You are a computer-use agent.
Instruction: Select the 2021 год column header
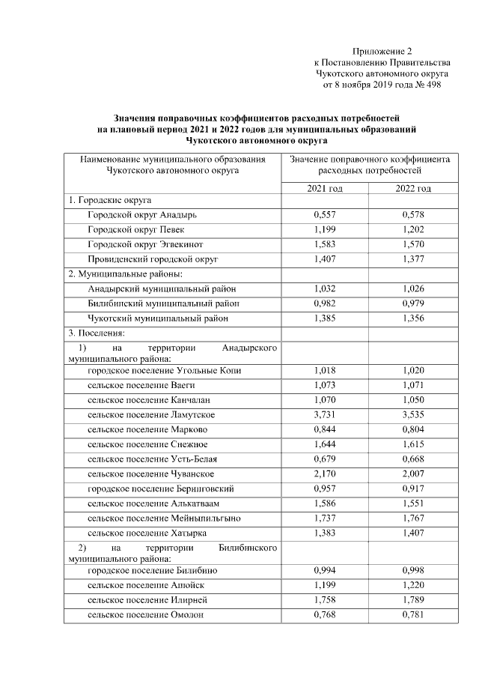[325, 187]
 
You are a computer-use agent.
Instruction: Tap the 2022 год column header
[413, 187]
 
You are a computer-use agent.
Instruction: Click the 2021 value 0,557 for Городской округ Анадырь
[325, 214]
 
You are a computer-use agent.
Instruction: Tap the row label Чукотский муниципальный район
[157, 318]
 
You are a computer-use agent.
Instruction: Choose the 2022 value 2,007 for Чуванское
[413, 473]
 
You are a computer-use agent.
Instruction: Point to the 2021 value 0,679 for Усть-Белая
[325, 458]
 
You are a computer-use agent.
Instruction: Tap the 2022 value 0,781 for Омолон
[413, 615]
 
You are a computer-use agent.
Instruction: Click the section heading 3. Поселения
[97, 332]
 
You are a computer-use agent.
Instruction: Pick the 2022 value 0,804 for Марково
[413, 429]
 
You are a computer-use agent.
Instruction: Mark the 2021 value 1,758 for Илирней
[325, 600]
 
